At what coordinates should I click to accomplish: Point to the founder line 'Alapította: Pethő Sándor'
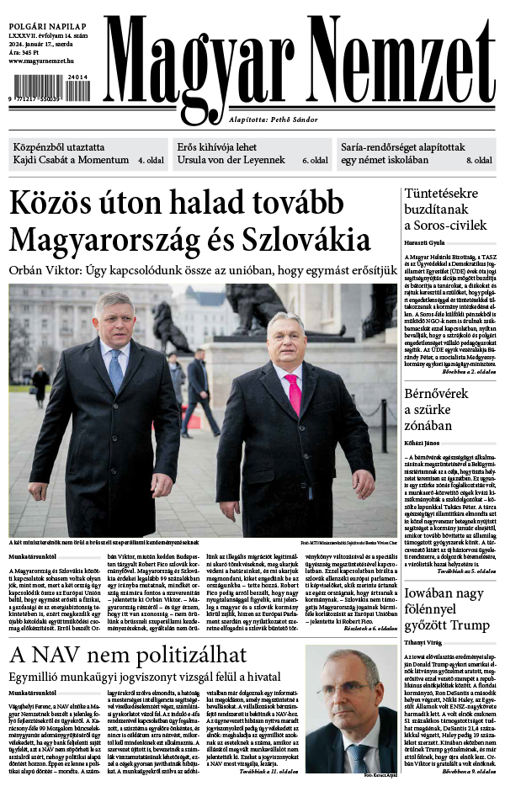(x=274, y=120)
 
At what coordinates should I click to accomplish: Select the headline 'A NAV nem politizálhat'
(x=128, y=656)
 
